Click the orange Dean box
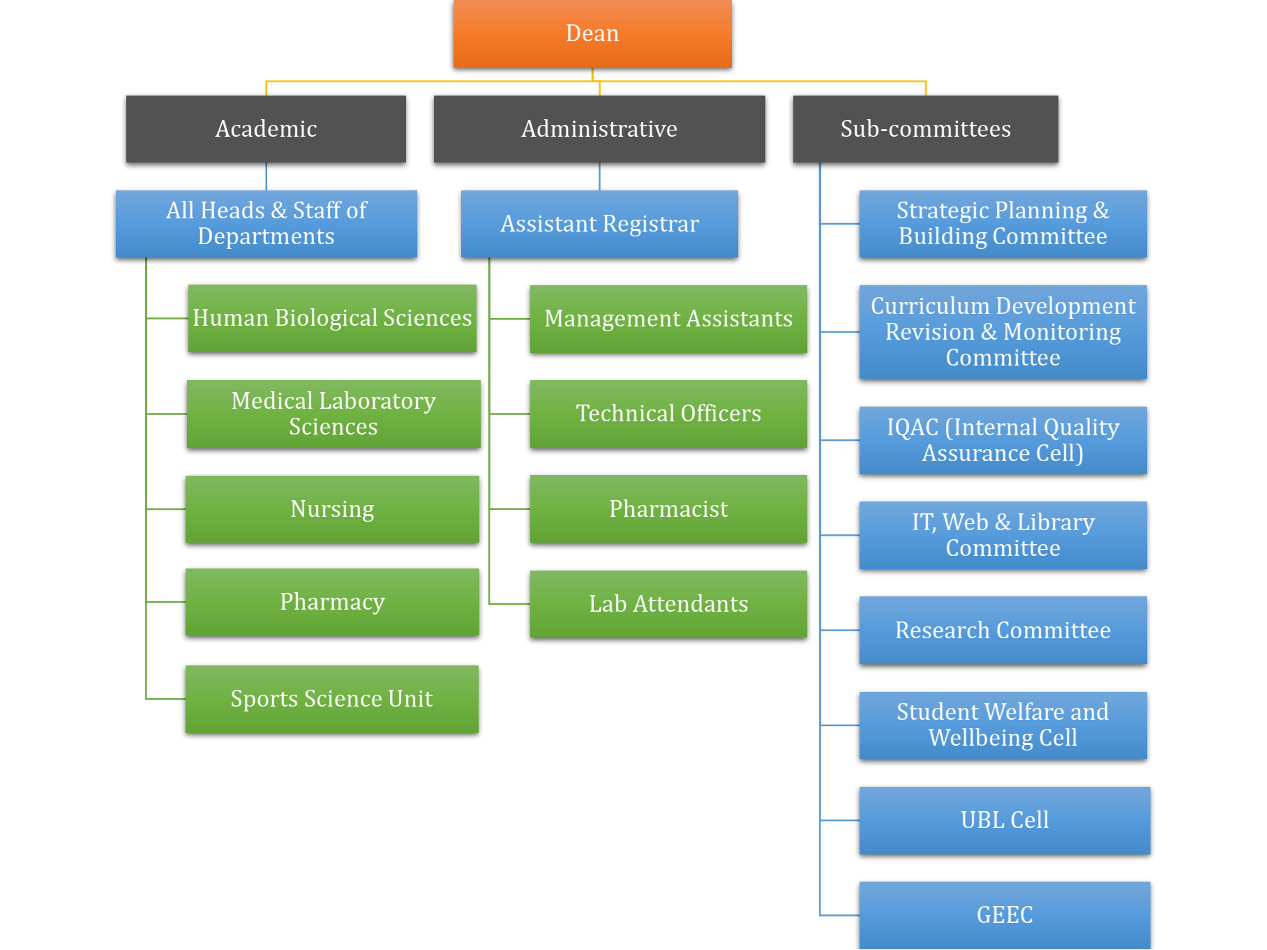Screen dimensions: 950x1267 coord(592,33)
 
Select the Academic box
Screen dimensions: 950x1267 coord(266,129)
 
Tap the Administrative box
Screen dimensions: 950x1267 coord(599,129)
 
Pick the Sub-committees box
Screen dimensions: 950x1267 coord(925,129)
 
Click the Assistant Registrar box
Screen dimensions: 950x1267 coord(599,224)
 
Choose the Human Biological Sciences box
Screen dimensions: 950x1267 coord(332,318)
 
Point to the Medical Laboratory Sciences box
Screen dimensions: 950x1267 coord(333,414)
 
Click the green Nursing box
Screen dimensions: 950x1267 coord(332,509)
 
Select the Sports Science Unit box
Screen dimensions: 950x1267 coord(332,699)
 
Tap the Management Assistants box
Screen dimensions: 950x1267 coord(668,319)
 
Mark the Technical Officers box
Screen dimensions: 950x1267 coord(668,414)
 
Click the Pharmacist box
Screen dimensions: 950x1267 coord(668,509)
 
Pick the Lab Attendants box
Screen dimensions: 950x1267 coord(668,604)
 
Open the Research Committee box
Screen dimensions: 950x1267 coord(1003,631)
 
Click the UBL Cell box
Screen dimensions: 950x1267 coord(1005,820)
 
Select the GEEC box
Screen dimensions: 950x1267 coord(1005,915)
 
